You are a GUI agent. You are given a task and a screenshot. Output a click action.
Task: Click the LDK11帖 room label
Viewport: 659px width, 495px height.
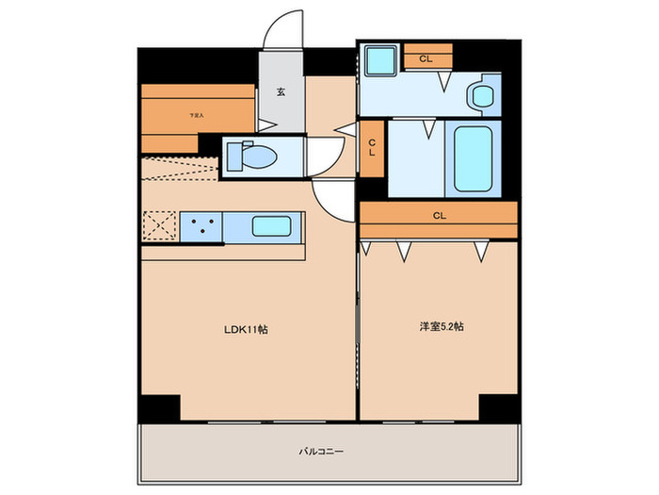coord(246,329)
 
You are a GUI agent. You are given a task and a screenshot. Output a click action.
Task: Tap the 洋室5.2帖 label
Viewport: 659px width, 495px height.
coord(441,327)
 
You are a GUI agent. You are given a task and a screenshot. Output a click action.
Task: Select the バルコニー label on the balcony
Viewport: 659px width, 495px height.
coord(323,452)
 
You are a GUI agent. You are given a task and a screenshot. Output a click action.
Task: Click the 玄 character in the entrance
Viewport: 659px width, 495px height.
coord(281,92)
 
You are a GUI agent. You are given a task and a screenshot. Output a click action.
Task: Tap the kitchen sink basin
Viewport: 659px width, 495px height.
coord(271,226)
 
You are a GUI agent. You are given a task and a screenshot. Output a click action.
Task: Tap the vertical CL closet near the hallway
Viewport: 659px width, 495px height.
coord(372,147)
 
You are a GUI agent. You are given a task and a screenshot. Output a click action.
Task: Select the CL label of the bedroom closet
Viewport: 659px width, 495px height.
coord(439,216)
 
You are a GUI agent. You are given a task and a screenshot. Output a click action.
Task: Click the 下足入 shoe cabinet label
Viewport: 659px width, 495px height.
coord(196,115)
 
